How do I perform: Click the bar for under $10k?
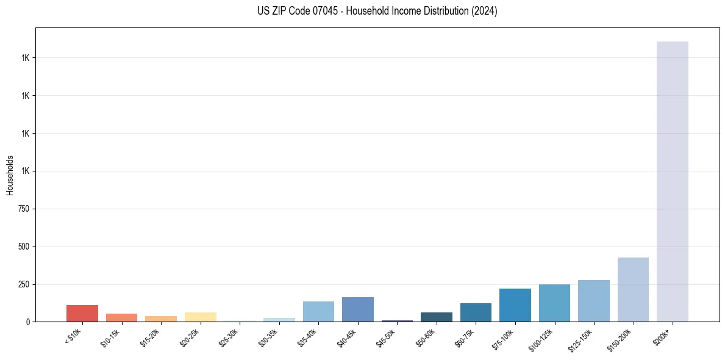tap(82, 313)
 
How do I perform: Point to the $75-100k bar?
tap(515, 305)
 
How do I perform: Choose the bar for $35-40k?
tap(318, 311)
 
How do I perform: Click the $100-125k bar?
tap(554, 303)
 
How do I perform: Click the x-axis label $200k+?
tap(662, 336)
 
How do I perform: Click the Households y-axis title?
tap(10, 175)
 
